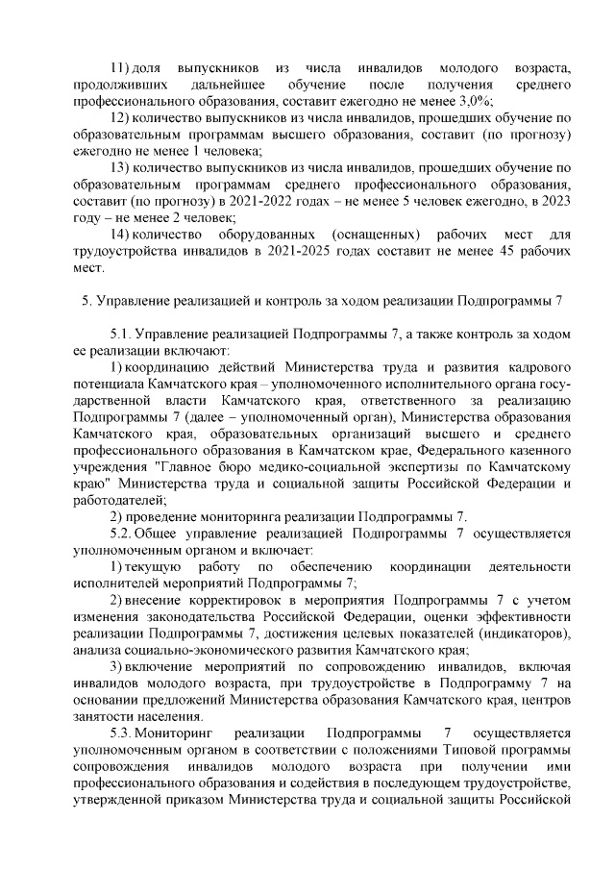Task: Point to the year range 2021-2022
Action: pos(254,201)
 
